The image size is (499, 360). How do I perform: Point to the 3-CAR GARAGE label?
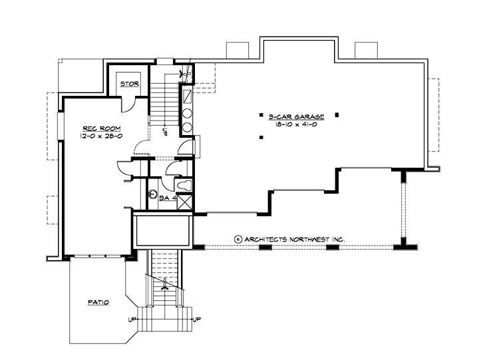click(x=297, y=116)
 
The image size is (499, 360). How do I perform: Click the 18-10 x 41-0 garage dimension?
click(x=297, y=124)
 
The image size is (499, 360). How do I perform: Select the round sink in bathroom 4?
click(x=153, y=196)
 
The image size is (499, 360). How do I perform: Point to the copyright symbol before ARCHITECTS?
click(x=237, y=238)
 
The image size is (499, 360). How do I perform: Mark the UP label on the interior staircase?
click(x=165, y=130)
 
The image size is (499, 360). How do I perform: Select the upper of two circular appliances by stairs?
click(x=188, y=111)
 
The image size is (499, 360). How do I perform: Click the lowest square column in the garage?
click(x=261, y=138)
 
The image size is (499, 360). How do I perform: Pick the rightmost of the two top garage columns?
click(x=337, y=114)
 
